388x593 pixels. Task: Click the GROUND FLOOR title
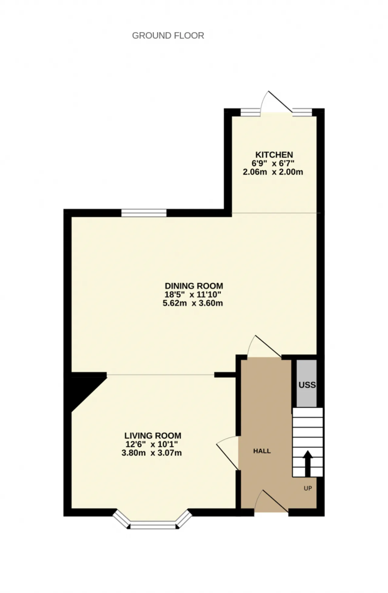pyautogui.click(x=168, y=36)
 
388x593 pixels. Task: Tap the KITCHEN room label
pyautogui.click(x=274, y=155)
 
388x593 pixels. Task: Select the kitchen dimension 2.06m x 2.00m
pyautogui.click(x=273, y=172)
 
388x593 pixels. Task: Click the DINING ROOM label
pyautogui.click(x=194, y=286)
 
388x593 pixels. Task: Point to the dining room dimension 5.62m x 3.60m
pyautogui.click(x=193, y=303)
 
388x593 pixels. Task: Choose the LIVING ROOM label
pyautogui.click(x=153, y=436)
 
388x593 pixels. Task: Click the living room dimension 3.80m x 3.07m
pyautogui.click(x=152, y=453)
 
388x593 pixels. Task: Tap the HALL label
pyautogui.click(x=262, y=451)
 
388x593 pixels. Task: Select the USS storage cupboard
pyautogui.click(x=306, y=383)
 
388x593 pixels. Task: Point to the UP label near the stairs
pyautogui.click(x=308, y=488)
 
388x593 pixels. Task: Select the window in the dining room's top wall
pyautogui.click(x=144, y=213)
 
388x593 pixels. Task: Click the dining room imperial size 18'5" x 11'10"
pyautogui.click(x=193, y=294)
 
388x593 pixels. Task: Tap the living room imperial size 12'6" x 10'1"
pyautogui.click(x=152, y=444)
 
